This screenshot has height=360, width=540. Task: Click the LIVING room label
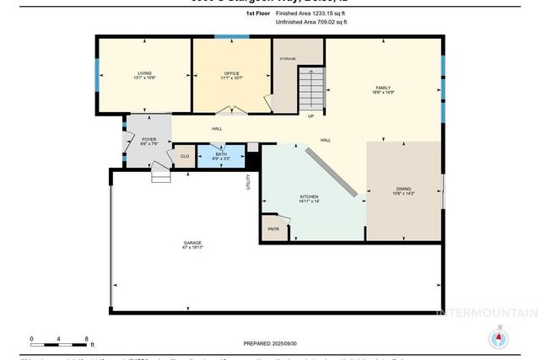tap(144, 75)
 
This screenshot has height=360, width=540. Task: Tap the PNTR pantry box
tap(273, 229)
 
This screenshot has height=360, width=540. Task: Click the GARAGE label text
tap(193, 244)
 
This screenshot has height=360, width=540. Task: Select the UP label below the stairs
tap(310, 116)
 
